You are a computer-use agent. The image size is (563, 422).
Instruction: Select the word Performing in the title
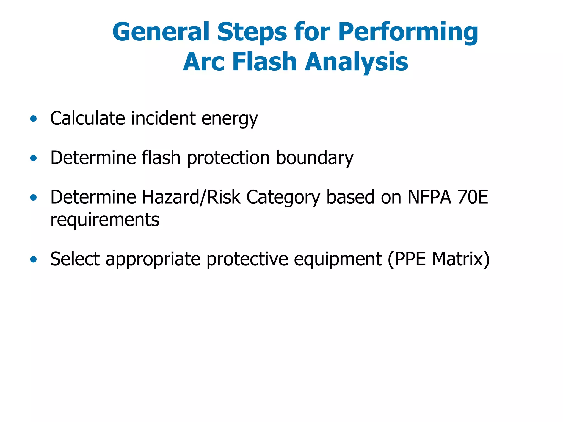point(408,32)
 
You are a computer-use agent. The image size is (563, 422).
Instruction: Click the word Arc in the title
point(204,62)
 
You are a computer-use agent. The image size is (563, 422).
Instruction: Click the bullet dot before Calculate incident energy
point(34,119)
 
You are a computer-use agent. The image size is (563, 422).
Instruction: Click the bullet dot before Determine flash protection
point(34,158)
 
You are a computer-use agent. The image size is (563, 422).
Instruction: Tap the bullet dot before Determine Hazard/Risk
point(34,197)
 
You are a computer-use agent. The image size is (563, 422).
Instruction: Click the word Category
point(283,198)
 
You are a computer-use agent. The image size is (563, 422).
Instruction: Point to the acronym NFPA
point(429,197)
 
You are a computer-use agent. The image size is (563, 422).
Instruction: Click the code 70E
point(473,197)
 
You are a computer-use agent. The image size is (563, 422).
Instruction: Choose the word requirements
point(105,220)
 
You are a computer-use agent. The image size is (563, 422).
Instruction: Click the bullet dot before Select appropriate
point(34,259)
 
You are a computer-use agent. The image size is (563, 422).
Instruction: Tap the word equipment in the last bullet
point(338,260)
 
